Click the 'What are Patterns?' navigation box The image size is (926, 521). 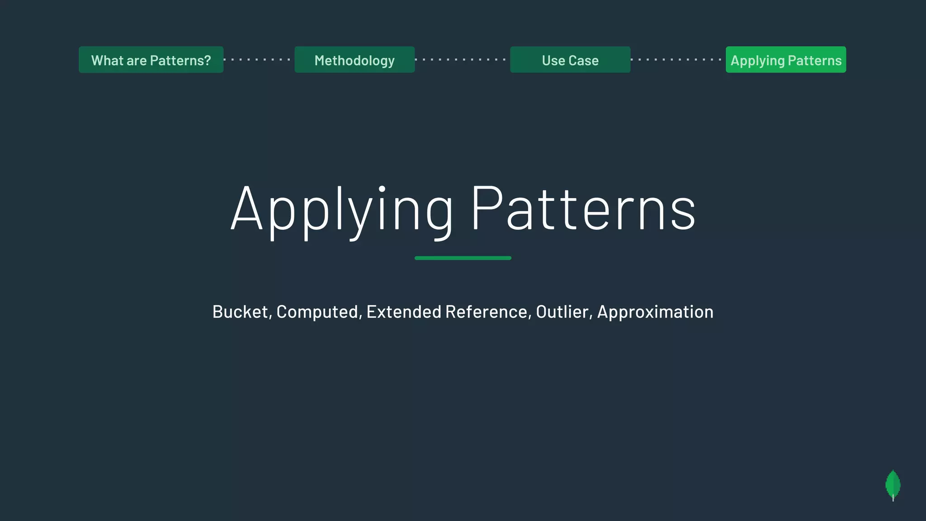(x=151, y=60)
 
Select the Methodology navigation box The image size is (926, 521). (x=354, y=60)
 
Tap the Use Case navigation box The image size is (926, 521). (x=570, y=60)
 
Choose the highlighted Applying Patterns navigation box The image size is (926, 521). (x=786, y=60)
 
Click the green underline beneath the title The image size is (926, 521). (x=463, y=258)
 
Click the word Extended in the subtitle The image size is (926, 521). (x=403, y=312)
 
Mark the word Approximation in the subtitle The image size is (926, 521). (x=655, y=312)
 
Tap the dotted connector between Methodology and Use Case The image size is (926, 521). (x=462, y=60)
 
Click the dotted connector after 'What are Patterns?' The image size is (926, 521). (x=259, y=60)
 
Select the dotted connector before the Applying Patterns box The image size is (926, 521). (x=678, y=60)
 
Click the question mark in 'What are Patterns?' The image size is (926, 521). (x=208, y=61)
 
